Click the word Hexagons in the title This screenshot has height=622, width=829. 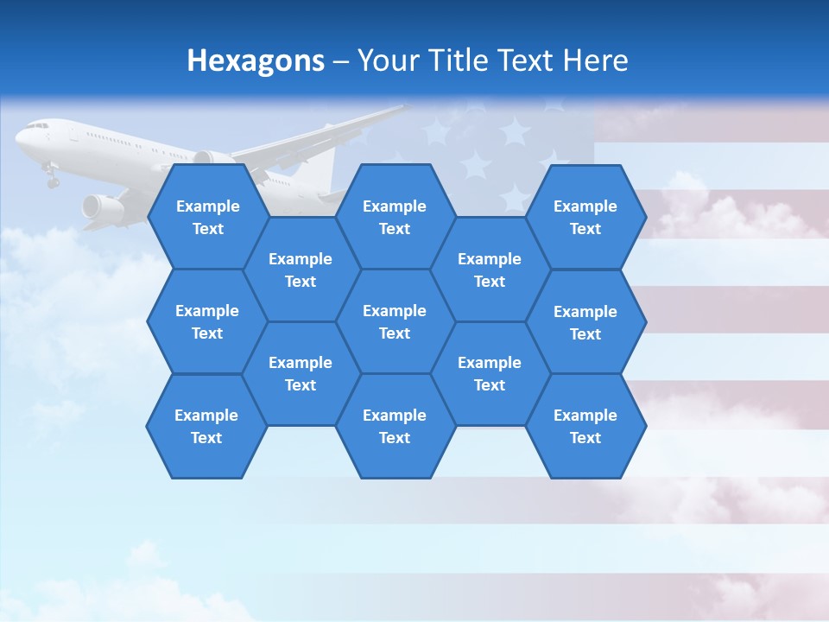click(x=256, y=60)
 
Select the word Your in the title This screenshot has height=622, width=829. click(x=386, y=60)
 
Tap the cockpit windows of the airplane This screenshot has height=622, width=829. click(x=36, y=126)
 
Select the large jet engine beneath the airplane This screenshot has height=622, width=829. click(x=102, y=206)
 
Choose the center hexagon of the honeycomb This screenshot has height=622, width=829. click(x=395, y=321)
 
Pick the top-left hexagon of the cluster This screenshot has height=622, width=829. click(x=207, y=217)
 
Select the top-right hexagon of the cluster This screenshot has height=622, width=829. click(x=585, y=217)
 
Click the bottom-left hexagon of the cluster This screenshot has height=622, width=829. click(x=206, y=426)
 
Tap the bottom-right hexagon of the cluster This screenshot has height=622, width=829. click(x=585, y=426)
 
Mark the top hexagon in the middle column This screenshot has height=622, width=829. click(x=395, y=217)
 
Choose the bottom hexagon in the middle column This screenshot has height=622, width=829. click(x=395, y=426)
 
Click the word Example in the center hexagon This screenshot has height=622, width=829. click(x=395, y=311)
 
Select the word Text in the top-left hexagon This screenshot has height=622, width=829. click(x=207, y=229)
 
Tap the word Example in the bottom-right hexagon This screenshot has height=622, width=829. click(x=585, y=416)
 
